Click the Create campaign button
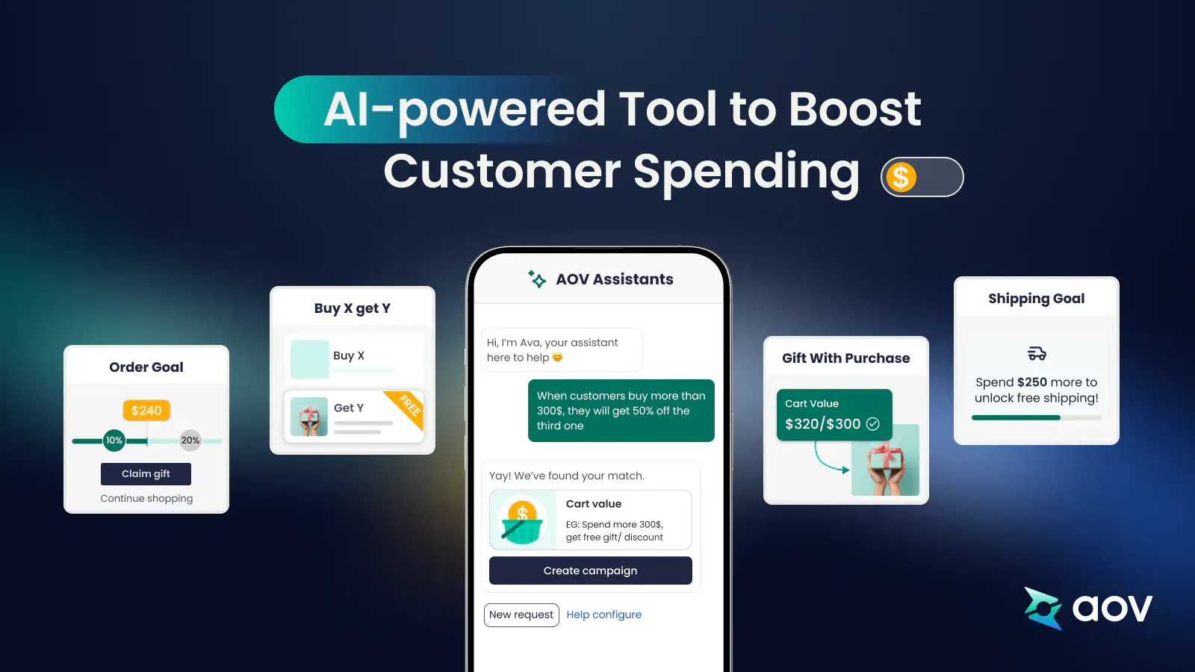590,570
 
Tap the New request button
521,615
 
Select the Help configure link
603,615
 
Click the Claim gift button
146,473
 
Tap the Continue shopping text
146,498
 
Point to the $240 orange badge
146,410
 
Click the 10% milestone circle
114,441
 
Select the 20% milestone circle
190,441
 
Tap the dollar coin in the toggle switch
901,178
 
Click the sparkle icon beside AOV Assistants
537,279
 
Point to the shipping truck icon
1037,353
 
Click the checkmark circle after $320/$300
872,424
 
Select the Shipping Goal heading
1036,299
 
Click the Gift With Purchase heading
845,358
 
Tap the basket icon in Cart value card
522,522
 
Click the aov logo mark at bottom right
1043,608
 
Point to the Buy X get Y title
352,308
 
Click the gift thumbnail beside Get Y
309,416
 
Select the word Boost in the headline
854,109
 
